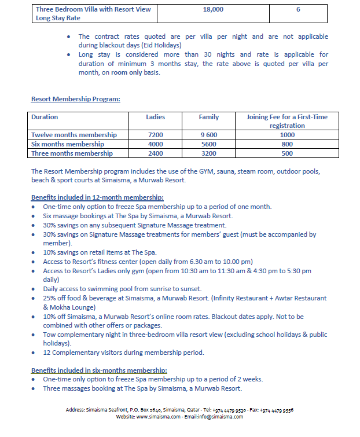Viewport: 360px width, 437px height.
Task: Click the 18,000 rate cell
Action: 214,10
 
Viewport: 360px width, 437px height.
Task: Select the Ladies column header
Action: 156,117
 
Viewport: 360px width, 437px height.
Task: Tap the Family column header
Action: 209,117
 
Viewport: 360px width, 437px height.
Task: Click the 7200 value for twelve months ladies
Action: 156,135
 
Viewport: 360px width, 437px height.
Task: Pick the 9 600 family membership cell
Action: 209,135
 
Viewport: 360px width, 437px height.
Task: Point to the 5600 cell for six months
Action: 209,144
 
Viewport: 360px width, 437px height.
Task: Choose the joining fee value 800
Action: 287,144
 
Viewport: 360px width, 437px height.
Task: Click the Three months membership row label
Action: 72,153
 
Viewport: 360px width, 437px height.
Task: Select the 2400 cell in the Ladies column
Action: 156,153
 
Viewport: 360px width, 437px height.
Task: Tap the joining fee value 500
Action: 287,153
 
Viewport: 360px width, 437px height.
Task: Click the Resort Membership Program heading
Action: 75,98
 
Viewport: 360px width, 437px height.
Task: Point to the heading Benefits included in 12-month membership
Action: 97,197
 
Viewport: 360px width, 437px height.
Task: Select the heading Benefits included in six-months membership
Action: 99,370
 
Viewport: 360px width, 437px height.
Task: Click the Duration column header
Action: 45,117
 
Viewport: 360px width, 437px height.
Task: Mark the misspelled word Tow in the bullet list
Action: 50,334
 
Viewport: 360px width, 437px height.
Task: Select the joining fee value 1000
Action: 287,135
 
